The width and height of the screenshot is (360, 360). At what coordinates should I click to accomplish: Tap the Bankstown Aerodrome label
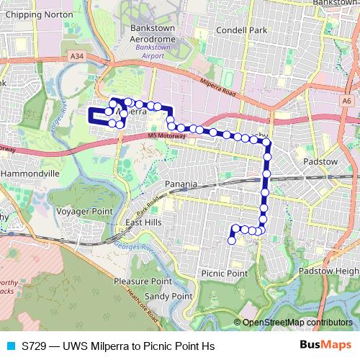pos(150,32)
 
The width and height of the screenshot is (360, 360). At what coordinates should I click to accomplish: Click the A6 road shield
pos(347,102)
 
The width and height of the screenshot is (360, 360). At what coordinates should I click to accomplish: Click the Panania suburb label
pos(181,184)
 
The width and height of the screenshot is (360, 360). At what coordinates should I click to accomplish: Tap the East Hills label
pos(143,223)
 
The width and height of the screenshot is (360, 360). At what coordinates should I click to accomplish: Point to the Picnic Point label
pos(225,274)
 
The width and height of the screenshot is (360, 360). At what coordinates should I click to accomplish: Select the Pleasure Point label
pos(143,282)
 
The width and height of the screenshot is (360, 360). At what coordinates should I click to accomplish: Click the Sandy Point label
pos(168,296)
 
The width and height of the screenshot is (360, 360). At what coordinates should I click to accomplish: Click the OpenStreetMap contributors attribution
pos(297,323)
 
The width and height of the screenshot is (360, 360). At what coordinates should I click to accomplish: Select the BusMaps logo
pos(325,346)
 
